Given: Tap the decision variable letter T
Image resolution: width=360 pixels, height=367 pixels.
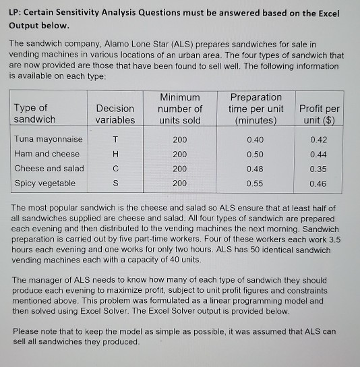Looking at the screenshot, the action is [x=115, y=140].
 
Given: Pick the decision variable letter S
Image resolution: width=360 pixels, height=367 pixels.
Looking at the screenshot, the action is [x=115, y=183].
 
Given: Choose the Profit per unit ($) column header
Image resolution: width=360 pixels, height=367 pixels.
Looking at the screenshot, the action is [x=319, y=114].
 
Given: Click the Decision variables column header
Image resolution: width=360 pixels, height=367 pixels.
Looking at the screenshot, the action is [x=115, y=114].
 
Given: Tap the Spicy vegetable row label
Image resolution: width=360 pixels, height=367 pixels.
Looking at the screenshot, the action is [x=44, y=183].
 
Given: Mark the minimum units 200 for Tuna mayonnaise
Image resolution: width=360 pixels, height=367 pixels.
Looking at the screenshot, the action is [x=179, y=140].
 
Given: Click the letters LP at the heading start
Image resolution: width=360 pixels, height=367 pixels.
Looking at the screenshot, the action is [x=15, y=14].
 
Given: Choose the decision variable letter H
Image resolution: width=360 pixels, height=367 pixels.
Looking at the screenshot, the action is [x=115, y=154].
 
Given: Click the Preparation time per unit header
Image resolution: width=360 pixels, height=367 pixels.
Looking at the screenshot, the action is [x=256, y=109].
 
